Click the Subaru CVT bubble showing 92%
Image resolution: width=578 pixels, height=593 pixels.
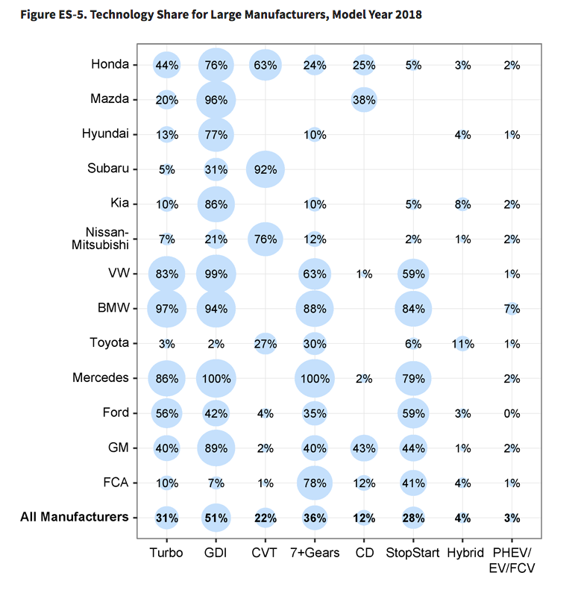point(266,169)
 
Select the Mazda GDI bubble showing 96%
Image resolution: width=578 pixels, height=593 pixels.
point(216,100)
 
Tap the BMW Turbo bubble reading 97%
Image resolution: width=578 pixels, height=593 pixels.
point(167,309)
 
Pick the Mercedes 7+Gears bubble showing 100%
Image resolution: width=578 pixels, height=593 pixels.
point(315,379)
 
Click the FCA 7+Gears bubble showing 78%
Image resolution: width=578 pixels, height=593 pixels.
point(315,483)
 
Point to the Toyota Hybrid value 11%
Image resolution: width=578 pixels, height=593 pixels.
point(462,344)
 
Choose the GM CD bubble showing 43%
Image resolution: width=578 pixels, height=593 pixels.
point(364,448)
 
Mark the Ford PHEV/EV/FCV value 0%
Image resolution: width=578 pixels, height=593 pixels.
point(512,413)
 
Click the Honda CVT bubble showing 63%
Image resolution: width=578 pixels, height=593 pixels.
point(266,65)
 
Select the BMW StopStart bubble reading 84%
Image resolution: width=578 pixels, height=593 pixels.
point(413,309)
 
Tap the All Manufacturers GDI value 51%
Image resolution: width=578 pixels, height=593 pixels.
point(216,518)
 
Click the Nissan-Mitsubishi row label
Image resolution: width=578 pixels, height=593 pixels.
point(100,238)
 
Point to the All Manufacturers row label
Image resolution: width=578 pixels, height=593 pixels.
point(75,517)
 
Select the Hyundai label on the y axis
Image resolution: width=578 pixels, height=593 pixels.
point(105,134)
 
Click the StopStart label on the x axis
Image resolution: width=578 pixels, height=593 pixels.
point(412,553)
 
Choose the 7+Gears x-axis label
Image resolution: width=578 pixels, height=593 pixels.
point(315,553)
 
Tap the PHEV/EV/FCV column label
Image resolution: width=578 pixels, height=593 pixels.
point(512,560)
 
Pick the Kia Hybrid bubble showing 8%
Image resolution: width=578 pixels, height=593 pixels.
point(462,204)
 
